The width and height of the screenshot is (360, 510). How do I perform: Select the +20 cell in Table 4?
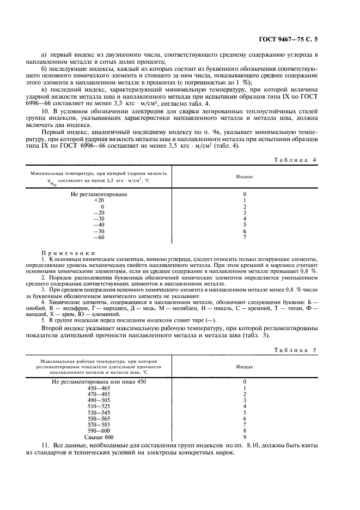[99, 201]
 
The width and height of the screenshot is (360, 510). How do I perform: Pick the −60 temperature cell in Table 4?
[99, 237]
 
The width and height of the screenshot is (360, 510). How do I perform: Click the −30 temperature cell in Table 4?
[99, 218]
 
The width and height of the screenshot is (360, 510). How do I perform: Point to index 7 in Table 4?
[245, 237]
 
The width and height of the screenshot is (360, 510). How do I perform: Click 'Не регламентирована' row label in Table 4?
[99, 195]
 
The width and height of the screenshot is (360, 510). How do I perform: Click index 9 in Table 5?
[245, 437]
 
